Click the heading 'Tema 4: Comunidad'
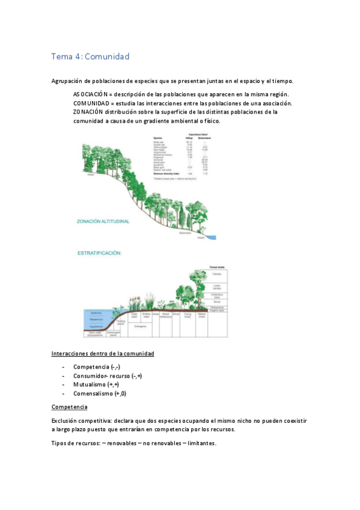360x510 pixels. pos(90,57)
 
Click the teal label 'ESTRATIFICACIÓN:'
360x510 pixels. pos(99,253)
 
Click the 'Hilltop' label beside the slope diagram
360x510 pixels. pos(91,176)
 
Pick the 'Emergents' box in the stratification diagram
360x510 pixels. pos(141,326)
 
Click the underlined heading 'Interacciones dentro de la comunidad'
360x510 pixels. pos(103,353)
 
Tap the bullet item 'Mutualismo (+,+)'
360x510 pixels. pos(96,384)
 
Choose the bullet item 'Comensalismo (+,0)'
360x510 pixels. pos(100,393)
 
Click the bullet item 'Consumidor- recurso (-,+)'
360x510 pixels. pos(107,375)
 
